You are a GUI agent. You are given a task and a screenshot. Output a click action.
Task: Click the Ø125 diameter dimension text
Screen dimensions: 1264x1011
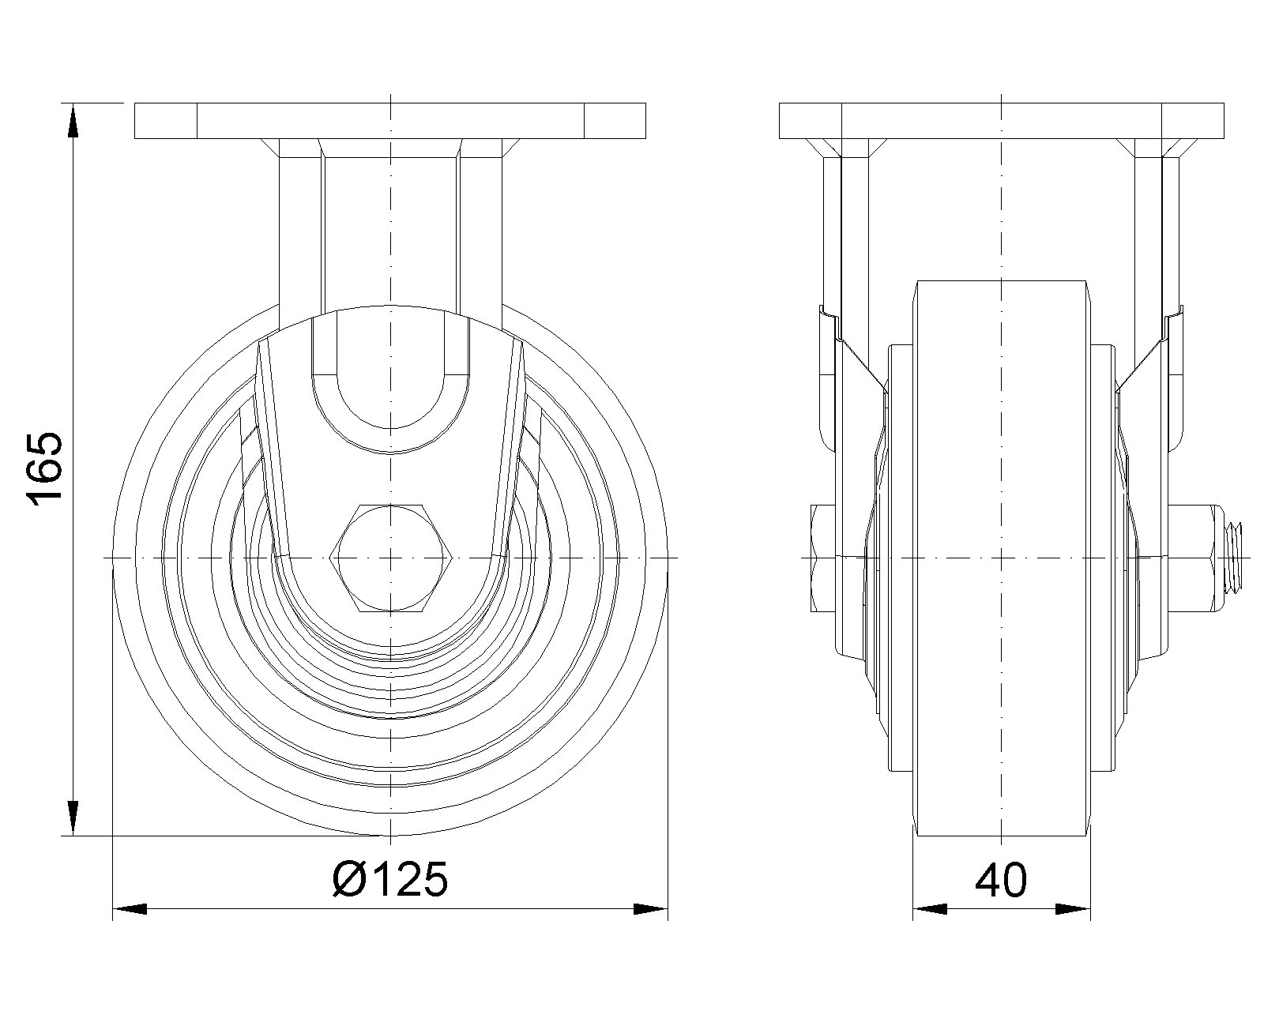click(390, 879)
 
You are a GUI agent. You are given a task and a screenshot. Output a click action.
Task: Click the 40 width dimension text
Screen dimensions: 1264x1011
click(1001, 881)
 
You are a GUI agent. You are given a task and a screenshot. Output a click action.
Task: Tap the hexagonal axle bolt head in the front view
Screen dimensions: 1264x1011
click(390, 558)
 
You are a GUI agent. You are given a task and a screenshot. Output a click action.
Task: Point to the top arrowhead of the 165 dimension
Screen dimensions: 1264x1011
click(72, 120)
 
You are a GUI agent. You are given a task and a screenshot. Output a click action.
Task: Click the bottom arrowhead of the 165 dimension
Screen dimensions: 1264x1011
click(72, 817)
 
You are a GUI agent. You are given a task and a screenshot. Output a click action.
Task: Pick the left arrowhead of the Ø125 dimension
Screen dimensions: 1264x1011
click(130, 909)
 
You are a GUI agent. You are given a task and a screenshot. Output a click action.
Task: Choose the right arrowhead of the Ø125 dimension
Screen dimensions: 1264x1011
click(650, 909)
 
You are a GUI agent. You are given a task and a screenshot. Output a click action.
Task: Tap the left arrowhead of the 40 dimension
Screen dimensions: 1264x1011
click(930, 909)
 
